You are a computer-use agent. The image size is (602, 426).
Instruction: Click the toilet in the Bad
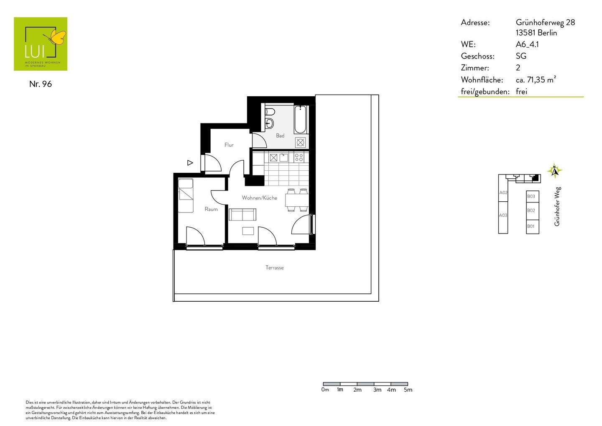click(x=270, y=112)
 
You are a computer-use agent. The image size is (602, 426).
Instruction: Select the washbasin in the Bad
click(x=270, y=123)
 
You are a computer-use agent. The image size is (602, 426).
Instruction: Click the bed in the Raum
click(x=186, y=195)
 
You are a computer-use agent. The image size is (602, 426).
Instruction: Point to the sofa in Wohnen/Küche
click(x=242, y=214)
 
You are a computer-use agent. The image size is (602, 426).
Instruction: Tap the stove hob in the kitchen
click(x=299, y=158)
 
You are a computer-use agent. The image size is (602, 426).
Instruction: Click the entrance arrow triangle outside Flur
click(x=190, y=163)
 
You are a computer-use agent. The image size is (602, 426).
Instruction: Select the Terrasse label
click(x=274, y=268)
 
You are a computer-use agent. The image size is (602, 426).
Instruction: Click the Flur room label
click(x=229, y=145)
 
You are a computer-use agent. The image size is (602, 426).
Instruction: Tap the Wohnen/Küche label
click(x=259, y=198)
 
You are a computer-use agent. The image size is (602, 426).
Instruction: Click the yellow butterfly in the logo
click(x=58, y=37)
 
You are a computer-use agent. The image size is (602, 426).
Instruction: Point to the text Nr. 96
click(x=41, y=84)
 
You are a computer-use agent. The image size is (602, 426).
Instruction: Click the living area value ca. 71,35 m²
click(x=536, y=80)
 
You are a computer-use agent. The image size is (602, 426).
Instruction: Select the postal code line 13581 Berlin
click(x=536, y=33)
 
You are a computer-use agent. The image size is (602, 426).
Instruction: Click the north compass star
click(x=554, y=171)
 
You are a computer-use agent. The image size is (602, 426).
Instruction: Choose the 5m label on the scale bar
click(x=408, y=390)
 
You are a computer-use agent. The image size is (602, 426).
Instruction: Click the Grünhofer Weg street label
click(x=557, y=207)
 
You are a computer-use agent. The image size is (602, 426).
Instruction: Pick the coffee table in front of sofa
click(x=248, y=231)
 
